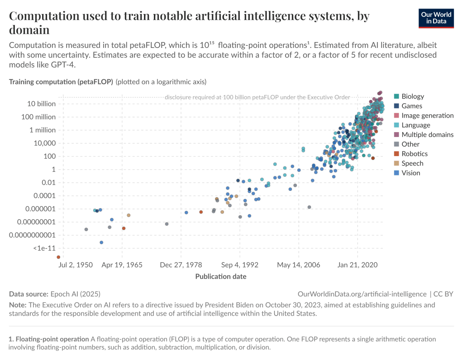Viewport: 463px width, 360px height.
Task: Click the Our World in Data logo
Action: (436, 18)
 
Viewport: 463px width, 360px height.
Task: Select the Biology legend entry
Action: (412, 96)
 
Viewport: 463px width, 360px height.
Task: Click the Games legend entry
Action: (411, 106)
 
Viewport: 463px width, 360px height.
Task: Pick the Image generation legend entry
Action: (427, 115)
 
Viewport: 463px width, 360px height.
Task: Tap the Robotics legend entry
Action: (414, 154)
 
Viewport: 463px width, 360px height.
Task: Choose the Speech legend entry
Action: (412, 163)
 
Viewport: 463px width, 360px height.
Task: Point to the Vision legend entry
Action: (410, 173)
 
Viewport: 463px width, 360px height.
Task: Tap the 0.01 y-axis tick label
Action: (47, 182)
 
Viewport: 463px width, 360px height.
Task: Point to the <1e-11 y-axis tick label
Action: (44, 248)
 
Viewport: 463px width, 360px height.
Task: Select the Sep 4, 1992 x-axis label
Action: (239, 265)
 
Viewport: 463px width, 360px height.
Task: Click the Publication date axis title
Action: (221, 276)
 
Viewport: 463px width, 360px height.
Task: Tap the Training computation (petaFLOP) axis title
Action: (61, 82)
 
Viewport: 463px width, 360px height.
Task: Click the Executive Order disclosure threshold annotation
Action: (258, 97)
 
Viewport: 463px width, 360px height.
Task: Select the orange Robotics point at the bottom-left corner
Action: (58, 257)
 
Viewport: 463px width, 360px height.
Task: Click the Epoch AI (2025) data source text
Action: (75, 294)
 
